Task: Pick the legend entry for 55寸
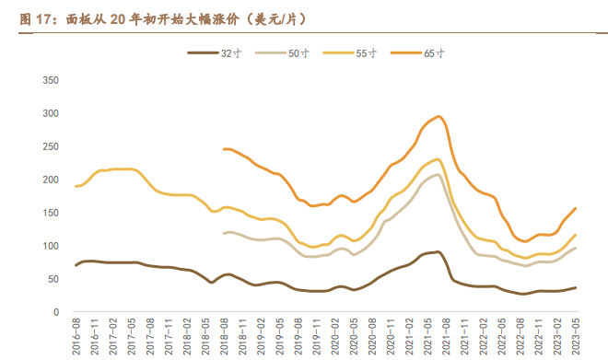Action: click(x=356, y=53)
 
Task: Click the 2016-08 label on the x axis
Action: click(x=76, y=335)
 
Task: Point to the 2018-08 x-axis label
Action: click(x=224, y=335)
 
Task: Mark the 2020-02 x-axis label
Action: click(x=333, y=335)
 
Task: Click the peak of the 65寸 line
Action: click(x=438, y=117)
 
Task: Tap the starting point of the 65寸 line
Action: click(x=224, y=148)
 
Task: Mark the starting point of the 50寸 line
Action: click(x=224, y=233)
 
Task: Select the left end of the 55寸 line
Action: click(x=76, y=186)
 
